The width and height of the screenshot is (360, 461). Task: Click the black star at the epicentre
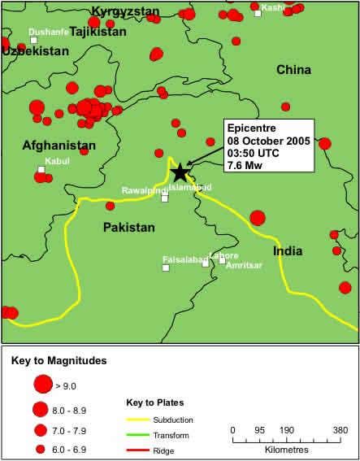click(x=180, y=172)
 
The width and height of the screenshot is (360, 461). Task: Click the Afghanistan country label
click(x=59, y=146)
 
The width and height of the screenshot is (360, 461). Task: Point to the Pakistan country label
click(x=128, y=228)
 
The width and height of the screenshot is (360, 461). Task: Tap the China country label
click(x=293, y=70)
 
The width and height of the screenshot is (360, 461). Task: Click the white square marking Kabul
click(x=41, y=170)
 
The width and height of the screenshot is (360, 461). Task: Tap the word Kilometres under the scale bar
click(x=284, y=449)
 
